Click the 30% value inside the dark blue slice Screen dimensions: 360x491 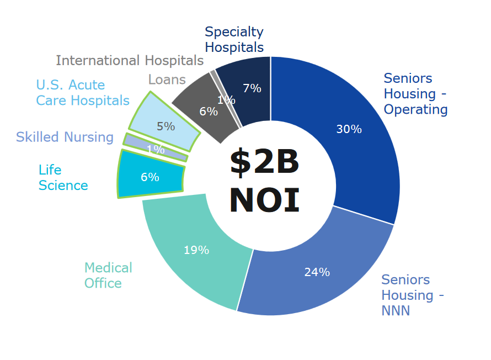coord(349,129)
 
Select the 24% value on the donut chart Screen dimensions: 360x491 coord(317,272)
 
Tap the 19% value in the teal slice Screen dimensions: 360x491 coord(196,250)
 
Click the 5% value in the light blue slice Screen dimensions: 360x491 coord(166,126)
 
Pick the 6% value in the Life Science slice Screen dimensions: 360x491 coord(150,177)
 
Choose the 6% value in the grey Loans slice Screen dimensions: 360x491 coord(209,112)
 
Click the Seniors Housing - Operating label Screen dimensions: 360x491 coord(415,94)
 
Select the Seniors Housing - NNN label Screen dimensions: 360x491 coord(413,295)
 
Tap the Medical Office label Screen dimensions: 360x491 coord(108,276)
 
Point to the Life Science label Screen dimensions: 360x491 coord(63,178)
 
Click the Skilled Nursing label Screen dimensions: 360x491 coord(65,137)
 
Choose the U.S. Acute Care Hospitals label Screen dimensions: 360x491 coord(83,93)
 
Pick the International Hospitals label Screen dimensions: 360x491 coord(130,60)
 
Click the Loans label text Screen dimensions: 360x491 coord(167,80)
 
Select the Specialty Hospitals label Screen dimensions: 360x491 coord(234,40)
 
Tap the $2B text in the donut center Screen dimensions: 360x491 coord(264,162)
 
